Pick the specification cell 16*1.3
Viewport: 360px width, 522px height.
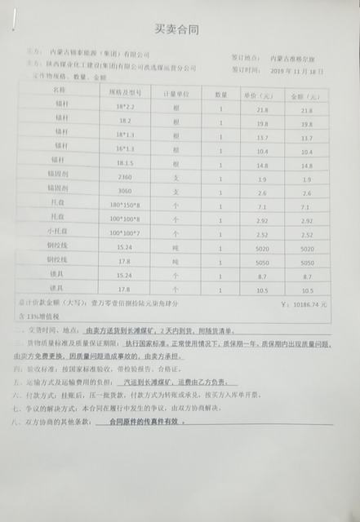(125, 151)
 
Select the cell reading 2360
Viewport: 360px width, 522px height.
(125, 178)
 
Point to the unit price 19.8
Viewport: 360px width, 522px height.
(263, 124)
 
